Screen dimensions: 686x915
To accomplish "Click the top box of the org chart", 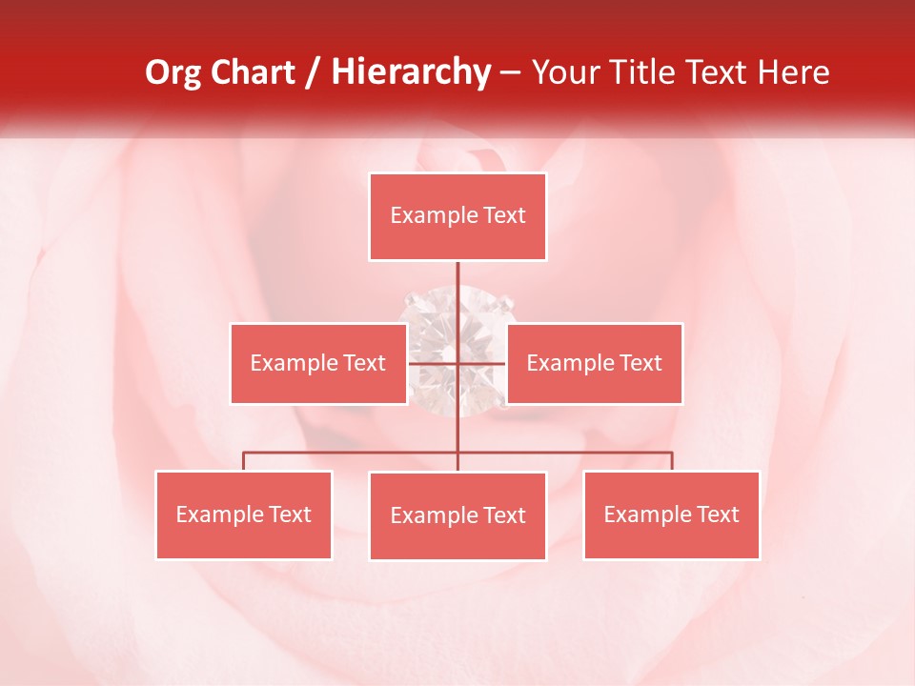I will (x=457, y=216).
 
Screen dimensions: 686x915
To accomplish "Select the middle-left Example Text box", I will (x=318, y=363).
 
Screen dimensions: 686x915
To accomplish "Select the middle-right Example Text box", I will (x=594, y=363).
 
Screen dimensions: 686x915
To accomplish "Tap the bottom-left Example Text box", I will (x=244, y=514).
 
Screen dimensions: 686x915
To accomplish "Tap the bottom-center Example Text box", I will (x=457, y=515).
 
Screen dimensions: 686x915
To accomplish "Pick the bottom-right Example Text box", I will (x=671, y=514).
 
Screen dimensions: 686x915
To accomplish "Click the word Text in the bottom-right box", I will (x=718, y=514).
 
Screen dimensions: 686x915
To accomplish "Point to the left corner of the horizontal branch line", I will (x=244, y=453).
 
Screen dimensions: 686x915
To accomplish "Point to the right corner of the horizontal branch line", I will (x=672, y=453).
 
